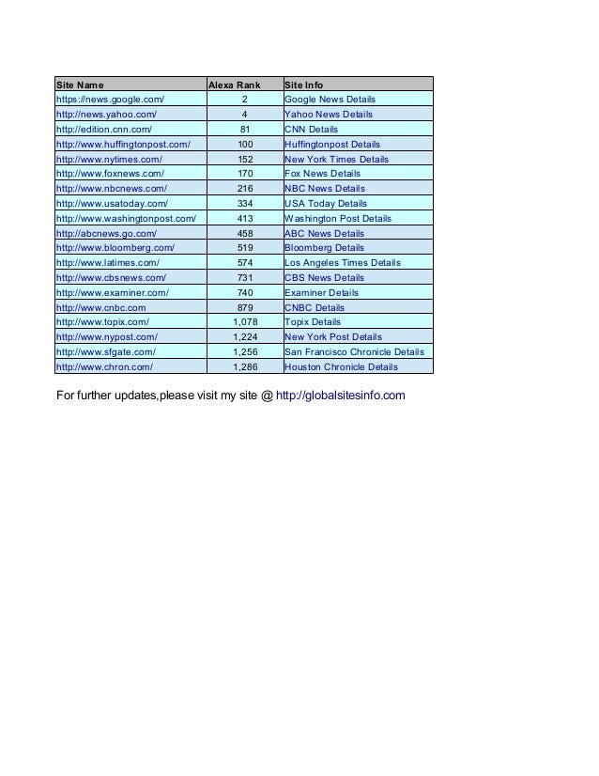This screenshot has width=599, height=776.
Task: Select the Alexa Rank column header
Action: (x=234, y=85)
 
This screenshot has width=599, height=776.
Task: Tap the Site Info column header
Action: (x=303, y=85)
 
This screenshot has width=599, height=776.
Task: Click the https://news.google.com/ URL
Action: (x=111, y=100)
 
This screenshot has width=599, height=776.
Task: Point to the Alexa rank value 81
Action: (x=244, y=130)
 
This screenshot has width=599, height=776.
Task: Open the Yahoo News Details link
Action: (x=328, y=115)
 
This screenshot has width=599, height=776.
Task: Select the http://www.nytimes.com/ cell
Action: (x=110, y=160)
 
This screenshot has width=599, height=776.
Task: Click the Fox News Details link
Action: (x=322, y=174)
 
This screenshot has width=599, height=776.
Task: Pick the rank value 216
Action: (x=244, y=189)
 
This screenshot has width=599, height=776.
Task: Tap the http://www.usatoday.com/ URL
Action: (x=113, y=204)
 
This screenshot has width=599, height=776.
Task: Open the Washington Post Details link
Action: (x=337, y=219)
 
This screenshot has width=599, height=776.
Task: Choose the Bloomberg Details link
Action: (x=324, y=248)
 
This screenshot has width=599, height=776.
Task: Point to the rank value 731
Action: (x=244, y=278)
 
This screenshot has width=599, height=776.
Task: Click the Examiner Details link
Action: (x=321, y=293)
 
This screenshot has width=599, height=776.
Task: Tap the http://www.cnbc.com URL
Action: (x=101, y=308)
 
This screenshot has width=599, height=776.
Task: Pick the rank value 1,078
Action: (x=244, y=322)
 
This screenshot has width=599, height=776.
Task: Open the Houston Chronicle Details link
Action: (x=341, y=367)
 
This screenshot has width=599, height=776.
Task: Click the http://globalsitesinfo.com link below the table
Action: (x=342, y=395)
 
